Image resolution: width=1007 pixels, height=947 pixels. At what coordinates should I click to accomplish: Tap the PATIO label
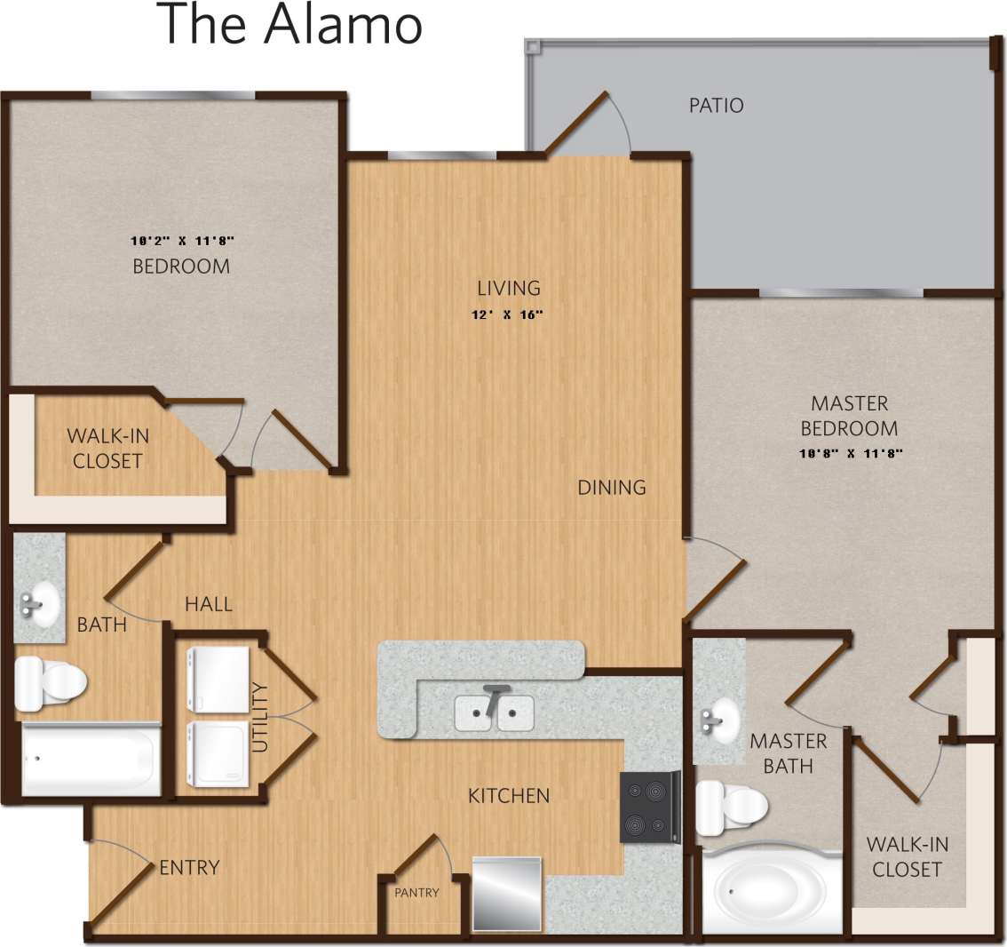pyautogui.click(x=716, y=105)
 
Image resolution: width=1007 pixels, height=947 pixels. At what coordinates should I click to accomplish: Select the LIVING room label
pyautogui.click(x=508, y=288)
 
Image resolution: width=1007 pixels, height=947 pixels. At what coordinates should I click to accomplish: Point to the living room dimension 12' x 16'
pyautogui.click(x=508, y=314)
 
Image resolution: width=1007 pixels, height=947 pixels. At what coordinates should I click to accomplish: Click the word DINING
pyautogui.click(x=611, y=487)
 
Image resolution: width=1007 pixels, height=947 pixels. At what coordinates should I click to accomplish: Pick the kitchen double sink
pyautogui.click(x=494, y=712)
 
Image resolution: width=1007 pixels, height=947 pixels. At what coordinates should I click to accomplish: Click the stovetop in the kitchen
pyautogui.click(x=646, y=808)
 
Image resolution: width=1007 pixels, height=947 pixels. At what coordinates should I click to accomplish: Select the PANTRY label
pyautogui.click(x=416, y=893)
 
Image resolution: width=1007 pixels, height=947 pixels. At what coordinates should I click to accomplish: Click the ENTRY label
pyautogui.click(x=189, y=867)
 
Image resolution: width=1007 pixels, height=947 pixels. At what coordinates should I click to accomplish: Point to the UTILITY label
pyautogui.click(x=259, y=716)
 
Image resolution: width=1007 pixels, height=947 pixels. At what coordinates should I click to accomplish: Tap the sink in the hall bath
pyautogui.click(x=37, y=605)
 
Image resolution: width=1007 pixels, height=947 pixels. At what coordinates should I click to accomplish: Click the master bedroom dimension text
pyautogui.click(x=850, y=453)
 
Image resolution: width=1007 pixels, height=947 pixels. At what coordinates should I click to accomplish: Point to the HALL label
pyautogui.click(x=209, y=604)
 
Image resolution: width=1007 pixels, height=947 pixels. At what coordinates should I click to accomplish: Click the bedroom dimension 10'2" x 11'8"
pyautogui.click(x=181, y=240)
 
